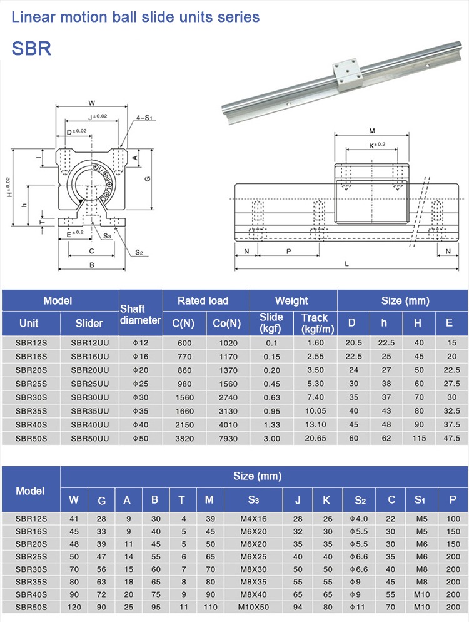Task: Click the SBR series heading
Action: click(x=31, y=49)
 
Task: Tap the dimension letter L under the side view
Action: click(x=346, y=264)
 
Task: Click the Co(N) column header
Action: click(x=227, y=323)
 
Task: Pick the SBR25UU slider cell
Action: click(x=89, y=383)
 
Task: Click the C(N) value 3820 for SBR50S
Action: click(x=184, y=438)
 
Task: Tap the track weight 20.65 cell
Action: click(x=316, y=438)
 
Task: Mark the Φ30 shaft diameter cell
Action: click(x=141, y=397)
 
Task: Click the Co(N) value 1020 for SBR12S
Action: click(x=227, y=342)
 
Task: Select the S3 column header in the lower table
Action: click(x=253, y=499)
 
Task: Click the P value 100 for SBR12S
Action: click(x=452, y=519)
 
